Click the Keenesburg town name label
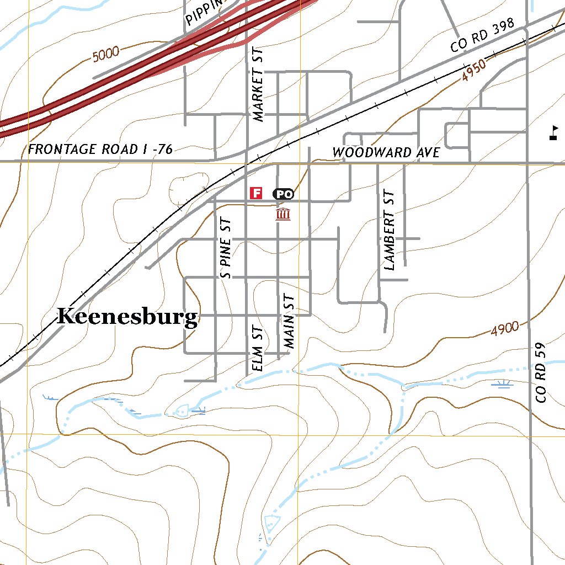127,317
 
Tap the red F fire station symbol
255,193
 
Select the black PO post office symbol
283,194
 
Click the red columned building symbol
283,214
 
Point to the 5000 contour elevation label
106,54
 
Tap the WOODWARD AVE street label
386,152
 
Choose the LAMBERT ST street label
390,230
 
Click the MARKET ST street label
258,83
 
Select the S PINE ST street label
226,247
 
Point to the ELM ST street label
255,349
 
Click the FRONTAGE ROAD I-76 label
100,149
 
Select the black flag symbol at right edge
553,133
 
